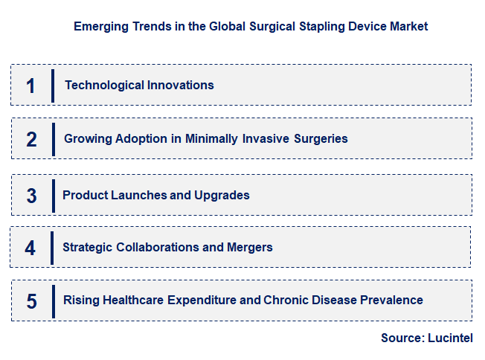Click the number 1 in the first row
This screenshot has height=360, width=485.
coord(30,86)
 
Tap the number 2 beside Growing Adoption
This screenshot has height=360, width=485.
coord(31,139)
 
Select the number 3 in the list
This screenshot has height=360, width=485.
coord(31,196)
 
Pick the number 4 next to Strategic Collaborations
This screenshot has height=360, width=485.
coord(30,248)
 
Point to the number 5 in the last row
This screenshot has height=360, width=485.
coord(31,301)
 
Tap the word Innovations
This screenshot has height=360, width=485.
coord(179,85)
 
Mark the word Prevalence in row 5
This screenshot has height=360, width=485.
coord(392,300)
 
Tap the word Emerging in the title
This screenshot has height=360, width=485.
coord(100,26)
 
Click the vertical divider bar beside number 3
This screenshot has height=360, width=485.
coord(53,195)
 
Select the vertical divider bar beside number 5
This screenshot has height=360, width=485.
coord(53,300)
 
